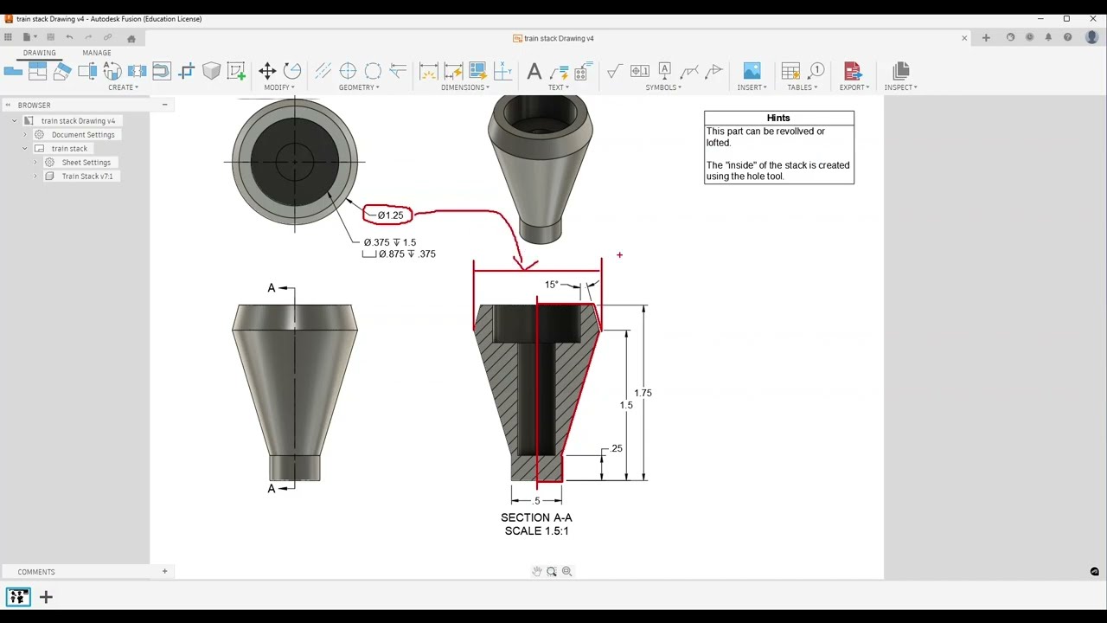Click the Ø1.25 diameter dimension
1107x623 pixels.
(390, 215)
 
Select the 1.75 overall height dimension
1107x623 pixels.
(643, 393)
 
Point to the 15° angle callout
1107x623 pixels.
(552, 285)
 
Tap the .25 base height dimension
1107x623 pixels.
(616, 448)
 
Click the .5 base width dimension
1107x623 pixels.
(536, 501)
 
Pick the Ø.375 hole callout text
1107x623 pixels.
(390, 242)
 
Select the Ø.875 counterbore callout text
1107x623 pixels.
(406, 254)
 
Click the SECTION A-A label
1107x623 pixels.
(536, 517)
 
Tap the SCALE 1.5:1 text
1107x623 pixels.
(536, 531)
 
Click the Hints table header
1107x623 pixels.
(778, 118)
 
